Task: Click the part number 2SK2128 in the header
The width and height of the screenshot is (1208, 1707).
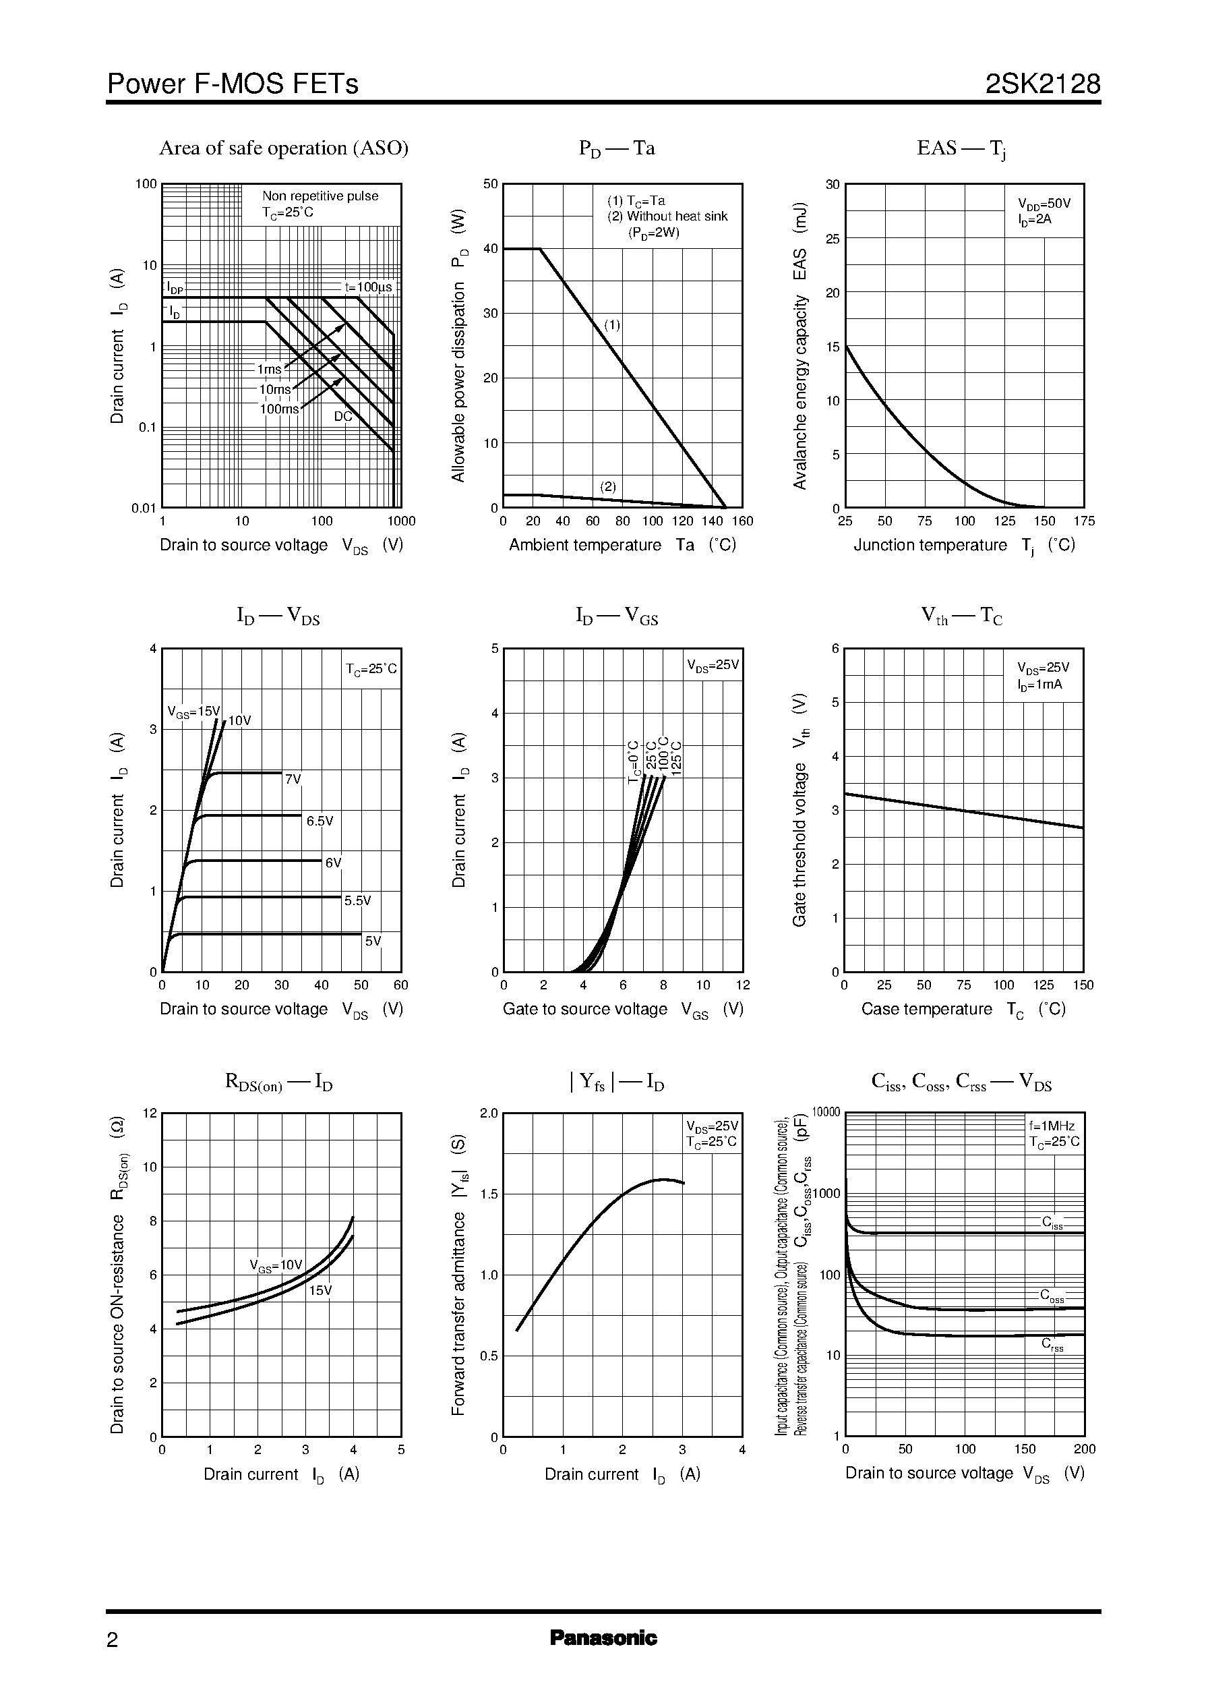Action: click(x=1042, y=84)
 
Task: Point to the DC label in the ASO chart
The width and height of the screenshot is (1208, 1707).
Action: click(x=343, y=417)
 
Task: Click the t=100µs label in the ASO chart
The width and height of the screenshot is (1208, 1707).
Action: click(x=367, y=287)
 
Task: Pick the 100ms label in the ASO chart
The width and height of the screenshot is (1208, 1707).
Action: click(x=279, y=409)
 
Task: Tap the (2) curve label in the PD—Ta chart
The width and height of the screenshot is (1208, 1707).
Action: click(x=609, y=487)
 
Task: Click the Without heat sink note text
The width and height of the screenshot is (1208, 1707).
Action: click(x=667, y=216)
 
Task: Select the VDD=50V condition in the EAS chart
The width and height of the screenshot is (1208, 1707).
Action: click(x=1044, y=204)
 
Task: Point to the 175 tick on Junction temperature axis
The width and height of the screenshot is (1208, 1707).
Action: click(x=1084, y=521)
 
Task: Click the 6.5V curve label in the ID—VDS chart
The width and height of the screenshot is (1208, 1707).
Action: click(x=320, y=821)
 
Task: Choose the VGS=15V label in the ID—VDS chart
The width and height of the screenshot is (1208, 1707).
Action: click(x=193, y=712)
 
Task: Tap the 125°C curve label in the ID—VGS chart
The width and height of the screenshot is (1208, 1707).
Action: click(x=676, y=757)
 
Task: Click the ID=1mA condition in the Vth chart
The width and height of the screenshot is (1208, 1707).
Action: click(x=1040, y=684)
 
